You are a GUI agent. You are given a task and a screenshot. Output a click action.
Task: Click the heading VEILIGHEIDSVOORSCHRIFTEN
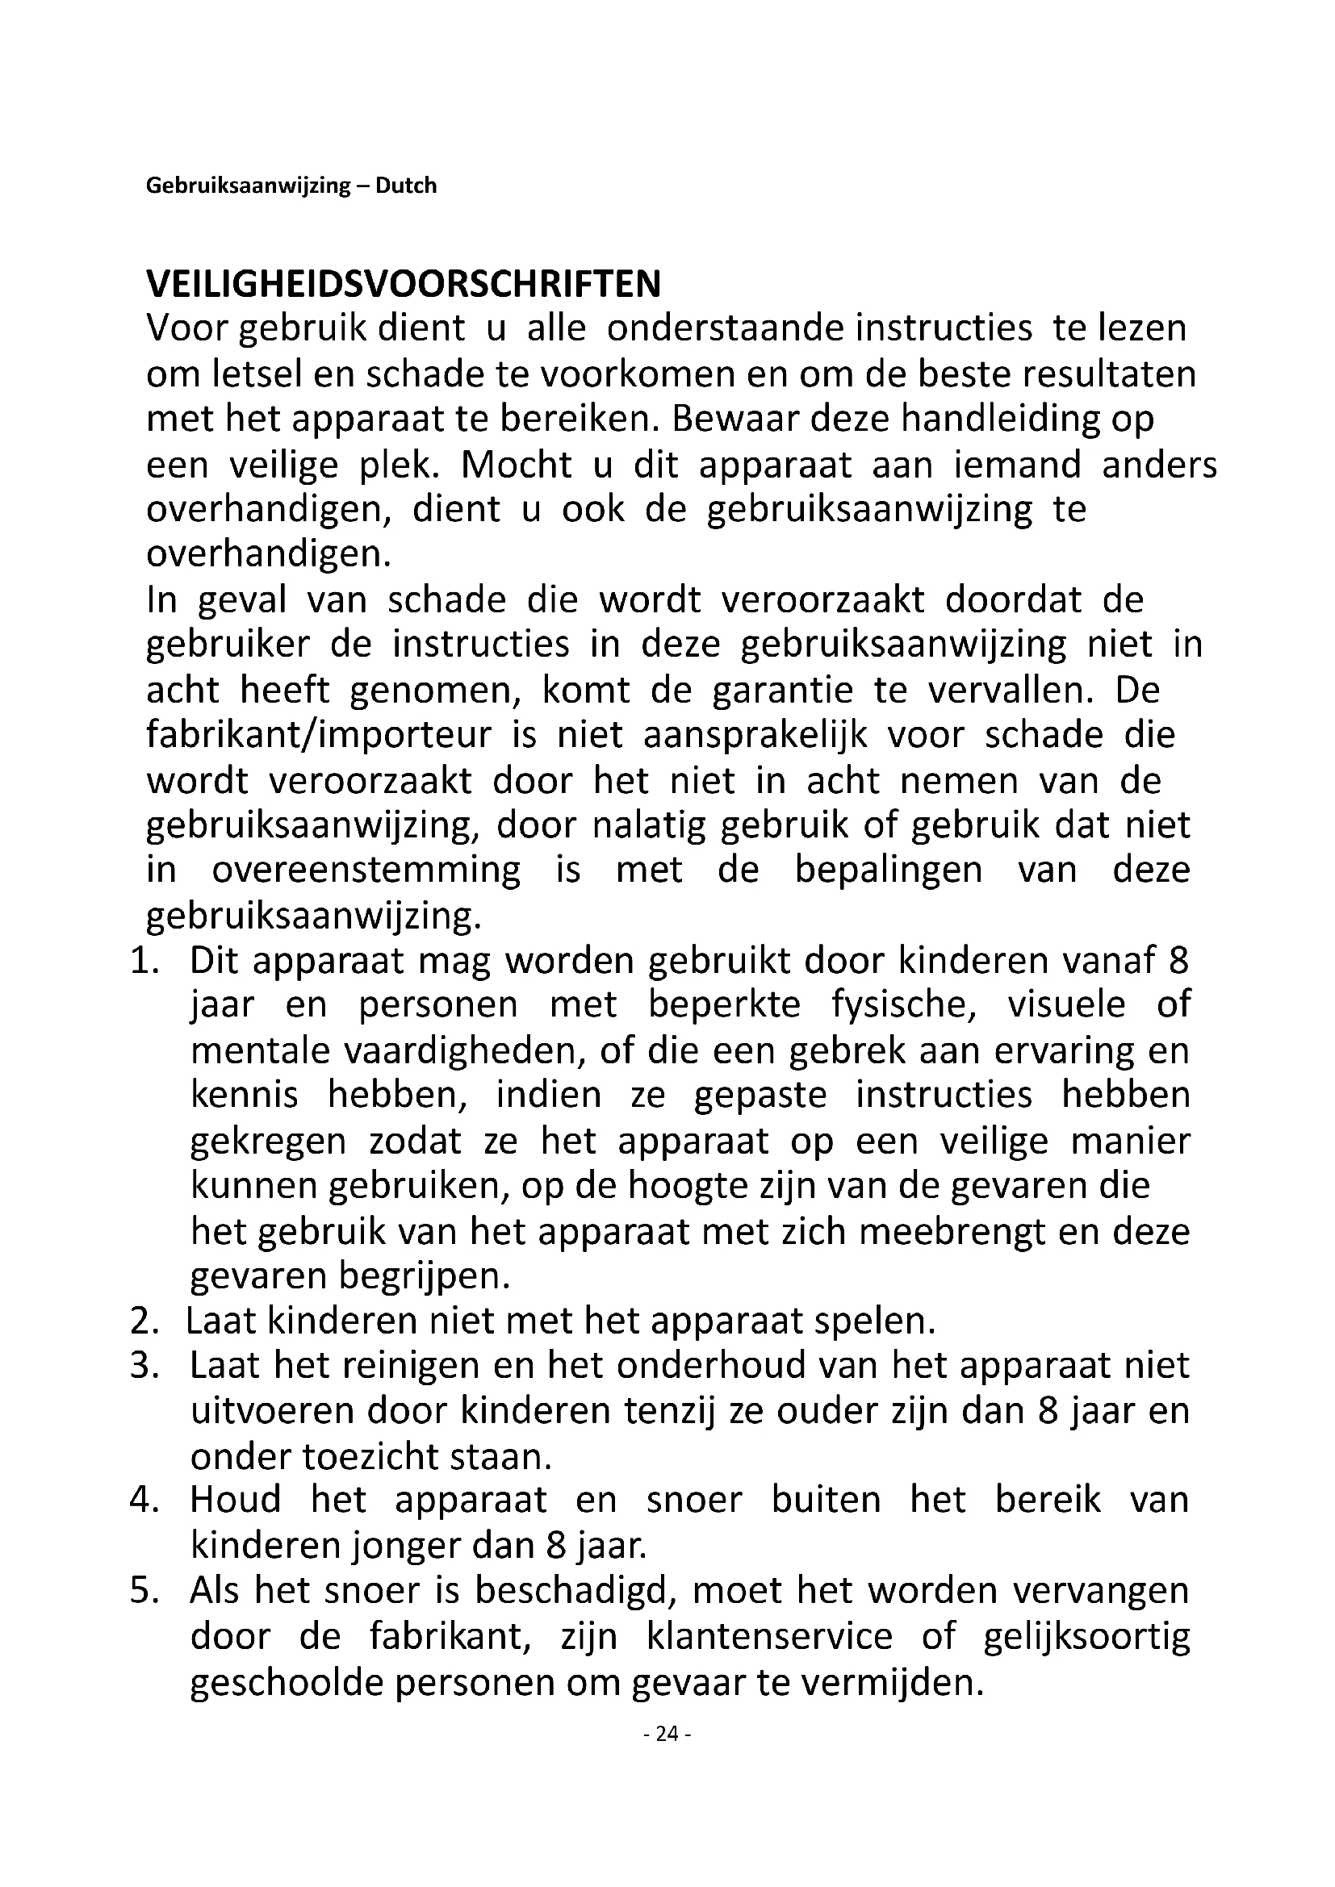[x=403, y=284]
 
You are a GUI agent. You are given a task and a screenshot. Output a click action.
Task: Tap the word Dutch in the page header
[x=406, y=186]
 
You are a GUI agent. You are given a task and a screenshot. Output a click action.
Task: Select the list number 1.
[x=143, y=962]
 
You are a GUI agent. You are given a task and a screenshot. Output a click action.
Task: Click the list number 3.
[x=143, y=1367]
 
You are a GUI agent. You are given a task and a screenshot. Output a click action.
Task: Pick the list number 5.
[x=143, y=1591]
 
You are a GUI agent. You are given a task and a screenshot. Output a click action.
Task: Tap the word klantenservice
[x=768, y=1636]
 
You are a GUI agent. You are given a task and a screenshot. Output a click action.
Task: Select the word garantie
[x=783, y=690]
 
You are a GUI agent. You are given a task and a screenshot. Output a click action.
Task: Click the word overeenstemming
[x=366, y=870]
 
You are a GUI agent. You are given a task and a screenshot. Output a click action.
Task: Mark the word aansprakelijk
[x=755, y=735]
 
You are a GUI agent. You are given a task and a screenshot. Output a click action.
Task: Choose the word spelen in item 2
[x=875, y=1321]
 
